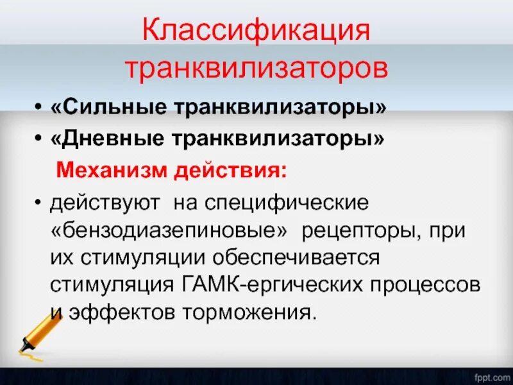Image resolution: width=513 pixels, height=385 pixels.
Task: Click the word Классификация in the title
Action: pyautogui.click(x=256, y=31)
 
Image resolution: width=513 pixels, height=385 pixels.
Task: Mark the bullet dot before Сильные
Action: pyautogui.click(x=40, y=110)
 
